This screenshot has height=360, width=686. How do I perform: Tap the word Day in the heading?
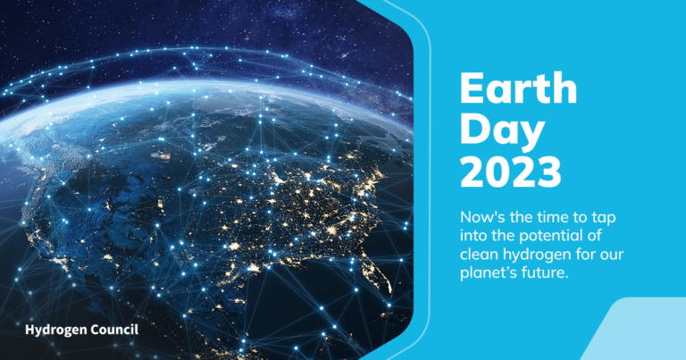pyautogui.click(x=502, y=131)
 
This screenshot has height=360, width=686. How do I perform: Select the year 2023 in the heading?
pyautogui.click(x=511, y=172)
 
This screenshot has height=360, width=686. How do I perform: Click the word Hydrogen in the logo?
pyautogui.click(x=53, y=331)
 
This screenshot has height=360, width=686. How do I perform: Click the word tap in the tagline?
pyautogui.click(x=604, y=218)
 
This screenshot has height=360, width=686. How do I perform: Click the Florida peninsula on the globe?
pyautogui.click(x=380, y=272)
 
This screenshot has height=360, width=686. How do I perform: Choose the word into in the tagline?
pyautogui.click(x=473, y=236)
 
